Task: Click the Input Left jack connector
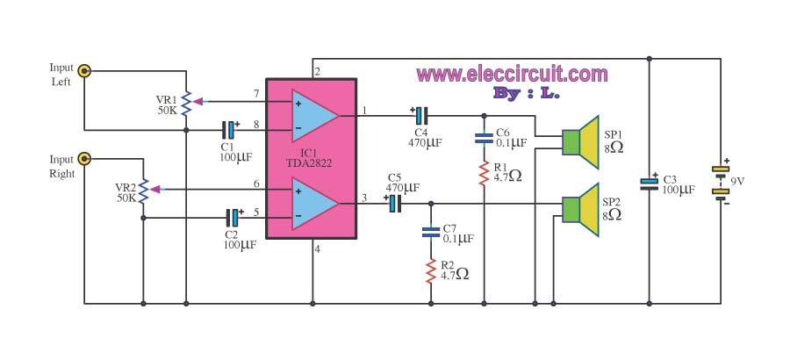(x=84, y=71)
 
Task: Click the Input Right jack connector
(x=84, y=159)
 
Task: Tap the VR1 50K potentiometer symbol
(x=187, y=101)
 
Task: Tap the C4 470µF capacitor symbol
(x=419, y=115)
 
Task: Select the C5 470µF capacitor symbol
(x=392, y=203)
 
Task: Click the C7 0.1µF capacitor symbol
(x=431, y=233)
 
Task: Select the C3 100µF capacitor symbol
(x=649, y=183)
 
